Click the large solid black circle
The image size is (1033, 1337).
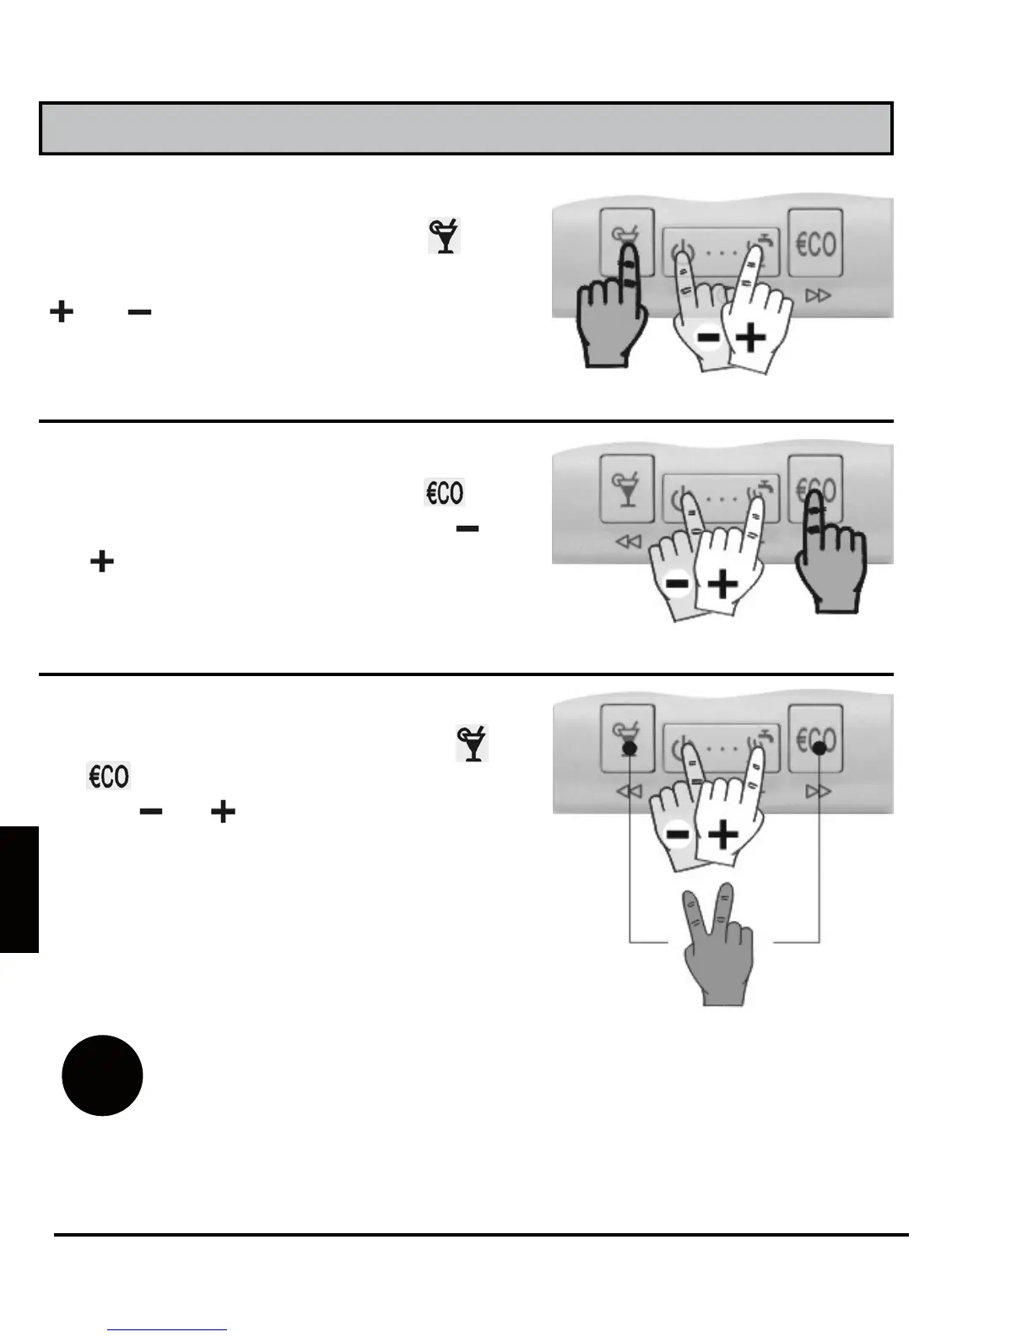pyautogui.click(x=102, y=1074)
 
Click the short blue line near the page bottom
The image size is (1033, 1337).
pyautogui.click(x=167, y=1329)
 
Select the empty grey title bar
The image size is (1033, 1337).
pyautogui.click(x=466, y=129)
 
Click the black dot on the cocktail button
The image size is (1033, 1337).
pyautogui.click(x=629, y=748)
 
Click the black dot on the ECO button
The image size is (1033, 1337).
pyautogui.click(x=819, y=748)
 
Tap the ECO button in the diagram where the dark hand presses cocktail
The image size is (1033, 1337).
pyautogui.click(x=815, y=244)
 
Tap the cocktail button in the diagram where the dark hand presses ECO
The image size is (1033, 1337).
pyautogui.click(x=627, y=489)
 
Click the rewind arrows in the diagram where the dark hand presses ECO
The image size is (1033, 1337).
pyautogui.click(x=629, y=541)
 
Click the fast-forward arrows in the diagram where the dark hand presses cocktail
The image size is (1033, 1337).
pyautogui.click(x=818, y=295)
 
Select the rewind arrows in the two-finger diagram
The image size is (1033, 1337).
pyautogui.click(x=629, y=791)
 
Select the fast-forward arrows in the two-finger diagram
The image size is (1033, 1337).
pyautogui.click(x=818, y=791)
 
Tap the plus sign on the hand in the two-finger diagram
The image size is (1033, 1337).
pyautogui.click(x=723, y=836)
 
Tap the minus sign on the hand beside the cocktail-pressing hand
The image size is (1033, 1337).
pyautogui.click(x=707, y=338)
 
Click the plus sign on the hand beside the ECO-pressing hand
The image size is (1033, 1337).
pyautogui.click(x=722, y=584)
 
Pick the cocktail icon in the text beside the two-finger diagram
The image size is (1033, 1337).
pyautogui.click(x=472, y=743)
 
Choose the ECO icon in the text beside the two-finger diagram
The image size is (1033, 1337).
pyautogui.click(x=109, y=776)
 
